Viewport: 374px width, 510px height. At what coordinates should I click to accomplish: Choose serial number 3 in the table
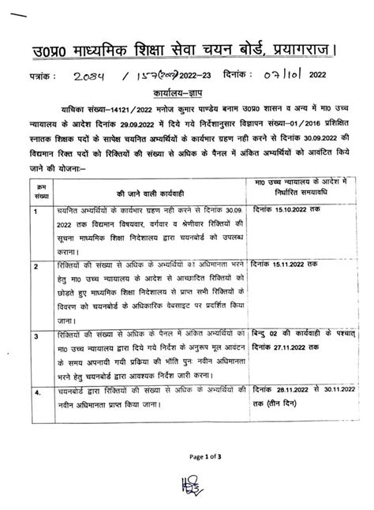tap(36, 337)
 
